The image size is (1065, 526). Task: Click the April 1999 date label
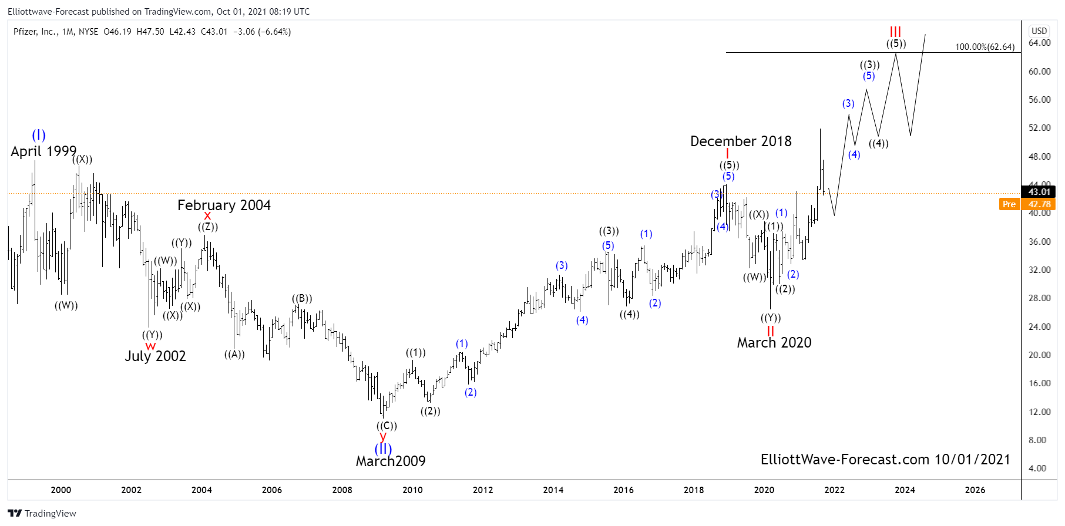[x=43, y=151]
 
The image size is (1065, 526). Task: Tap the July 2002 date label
[x=155, y=356]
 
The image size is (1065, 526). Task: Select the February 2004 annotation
[x=224, y=205]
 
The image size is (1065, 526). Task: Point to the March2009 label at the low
[x=391, y=461]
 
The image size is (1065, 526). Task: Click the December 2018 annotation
[x=741, y=141]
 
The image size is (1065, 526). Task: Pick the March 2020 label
[x=774, y=343]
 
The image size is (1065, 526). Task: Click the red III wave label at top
[x=895, y=32]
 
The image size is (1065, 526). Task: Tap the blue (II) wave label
[x=383, y=449]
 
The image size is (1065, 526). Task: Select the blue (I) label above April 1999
[x=39, y=135]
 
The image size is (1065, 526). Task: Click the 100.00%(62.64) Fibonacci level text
[x=985, y=47]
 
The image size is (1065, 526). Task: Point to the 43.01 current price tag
[x=1039, y=192]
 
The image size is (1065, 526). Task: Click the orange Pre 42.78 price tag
[x=1027, y=204]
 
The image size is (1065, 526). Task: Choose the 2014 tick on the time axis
[x=553, y=490]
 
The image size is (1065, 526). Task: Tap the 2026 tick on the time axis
[x=975, y=490]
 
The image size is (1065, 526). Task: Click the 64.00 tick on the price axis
[x=1039, y=43]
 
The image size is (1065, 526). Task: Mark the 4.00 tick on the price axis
[x=1037, y=468]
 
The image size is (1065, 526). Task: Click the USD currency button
[x=1039, y=31]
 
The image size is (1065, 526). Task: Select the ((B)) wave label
[x=302, y=298]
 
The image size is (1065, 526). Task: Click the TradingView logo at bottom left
[x=42, y=514]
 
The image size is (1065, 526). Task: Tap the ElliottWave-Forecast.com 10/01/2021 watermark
[x=885, y=460]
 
